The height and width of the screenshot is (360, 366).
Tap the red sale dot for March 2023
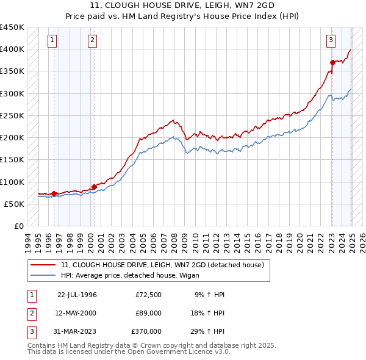point(332,62)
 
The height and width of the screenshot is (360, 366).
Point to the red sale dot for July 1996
point(54,194)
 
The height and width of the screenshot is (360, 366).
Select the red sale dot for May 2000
point(94,187)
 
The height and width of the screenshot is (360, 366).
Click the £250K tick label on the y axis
point(12,115)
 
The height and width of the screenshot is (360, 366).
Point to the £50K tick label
point(14,204)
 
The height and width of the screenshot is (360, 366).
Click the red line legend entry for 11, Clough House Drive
point(162,265)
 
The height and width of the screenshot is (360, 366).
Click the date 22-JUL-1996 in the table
point(77,295)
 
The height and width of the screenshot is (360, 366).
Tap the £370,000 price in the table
point(146,331)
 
